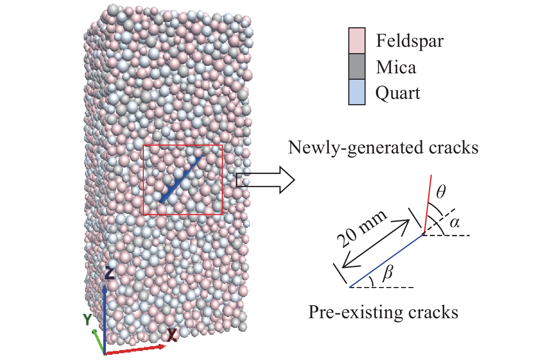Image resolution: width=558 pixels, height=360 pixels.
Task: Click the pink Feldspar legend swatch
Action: [x=356, y=40]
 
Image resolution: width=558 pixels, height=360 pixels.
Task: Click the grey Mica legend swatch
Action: [x=356, y=66]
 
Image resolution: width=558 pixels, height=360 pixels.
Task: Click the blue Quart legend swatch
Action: [x=356, y=92]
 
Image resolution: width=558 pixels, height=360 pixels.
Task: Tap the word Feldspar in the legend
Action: [x=409, y=41]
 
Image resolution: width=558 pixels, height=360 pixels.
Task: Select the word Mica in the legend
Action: [x=396, y=67]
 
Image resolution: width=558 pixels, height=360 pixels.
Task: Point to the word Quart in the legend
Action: [x=398, y=93]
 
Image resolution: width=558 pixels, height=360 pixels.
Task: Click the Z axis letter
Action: [x=110, y=273]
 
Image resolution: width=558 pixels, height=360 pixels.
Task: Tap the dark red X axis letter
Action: [x=172, y=334]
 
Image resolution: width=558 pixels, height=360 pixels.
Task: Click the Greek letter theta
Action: [x=441, y=192]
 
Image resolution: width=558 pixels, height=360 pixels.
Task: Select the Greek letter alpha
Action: [x=455, y=222]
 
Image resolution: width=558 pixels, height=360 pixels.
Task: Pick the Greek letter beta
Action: [x=388, y=272]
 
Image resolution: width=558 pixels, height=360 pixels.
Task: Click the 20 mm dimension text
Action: [x=361, y=228]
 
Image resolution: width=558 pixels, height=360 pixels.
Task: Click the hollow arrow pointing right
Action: [x=265, y=180]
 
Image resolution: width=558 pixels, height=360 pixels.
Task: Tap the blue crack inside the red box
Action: [x=182, y=179]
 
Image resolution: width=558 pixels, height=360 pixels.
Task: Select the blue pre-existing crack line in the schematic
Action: [x=386, y=261]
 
